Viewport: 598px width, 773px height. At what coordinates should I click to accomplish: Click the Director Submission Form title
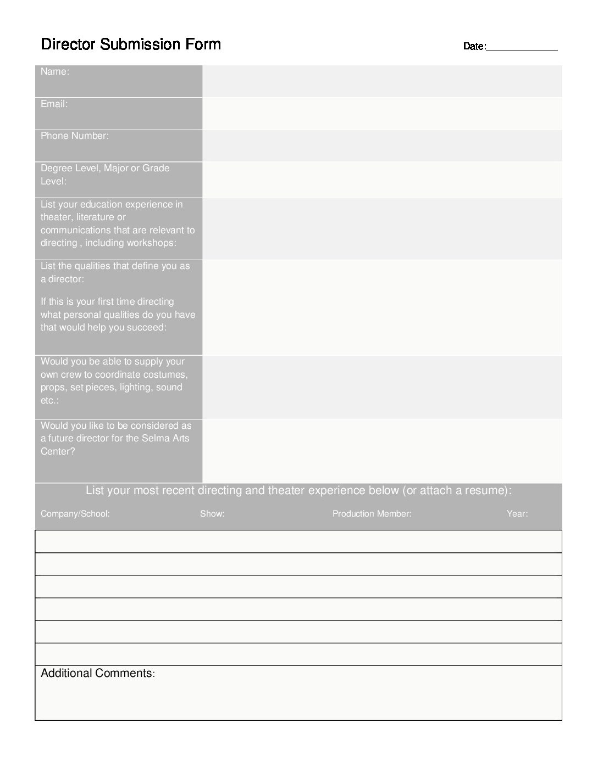pyautogui.click(x=131, y=44)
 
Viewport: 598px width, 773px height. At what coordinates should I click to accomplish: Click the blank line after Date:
pyautogui.click(x=522, y=47)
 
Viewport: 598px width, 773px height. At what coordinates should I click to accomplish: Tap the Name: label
pyautogui.click(x=54, y=71)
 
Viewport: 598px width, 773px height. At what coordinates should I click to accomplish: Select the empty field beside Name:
pyautogui.click(x=382, y=81)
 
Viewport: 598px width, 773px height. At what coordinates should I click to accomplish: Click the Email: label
pyautogui.click(x=54, y=104)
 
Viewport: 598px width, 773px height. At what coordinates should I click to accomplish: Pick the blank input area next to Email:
pyautogui.click(x=382, y=114)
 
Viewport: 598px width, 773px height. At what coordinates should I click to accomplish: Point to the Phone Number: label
pyautogui.click(x=75, y=136)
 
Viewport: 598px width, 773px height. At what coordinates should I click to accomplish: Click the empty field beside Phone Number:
pyautogui.click(x=382, y=145)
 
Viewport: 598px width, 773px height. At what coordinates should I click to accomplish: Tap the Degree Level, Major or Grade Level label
pyautogui.click(x=105, y=174)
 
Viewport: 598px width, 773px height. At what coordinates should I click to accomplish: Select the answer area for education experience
pyautogui.click(x=382, y=228)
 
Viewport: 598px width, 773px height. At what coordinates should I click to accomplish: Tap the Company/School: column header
pyautogui.click(x=75, y=514)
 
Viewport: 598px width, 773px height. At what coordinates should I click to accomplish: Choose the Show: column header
pyautogui.click(x=212, y=514)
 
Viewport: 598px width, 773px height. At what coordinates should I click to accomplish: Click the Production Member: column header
pyautogui.click(x=372, y=514)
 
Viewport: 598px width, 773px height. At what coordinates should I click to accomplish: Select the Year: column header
pyautogui.click(x=517, y=514)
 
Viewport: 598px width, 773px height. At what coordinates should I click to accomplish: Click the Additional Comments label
pyautogui.click(x=97, y=673)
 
